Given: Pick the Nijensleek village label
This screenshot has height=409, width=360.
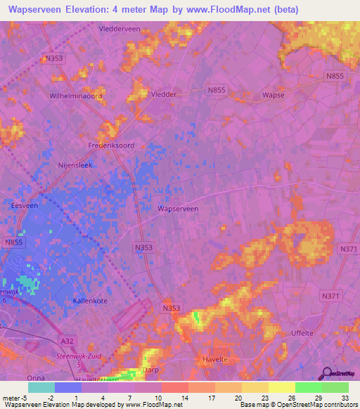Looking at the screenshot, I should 75,166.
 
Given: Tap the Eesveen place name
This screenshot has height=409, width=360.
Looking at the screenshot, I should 24,206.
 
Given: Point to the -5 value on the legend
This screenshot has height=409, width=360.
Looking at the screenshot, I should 26,398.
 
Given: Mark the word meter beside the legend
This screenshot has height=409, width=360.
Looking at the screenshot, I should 11,398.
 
